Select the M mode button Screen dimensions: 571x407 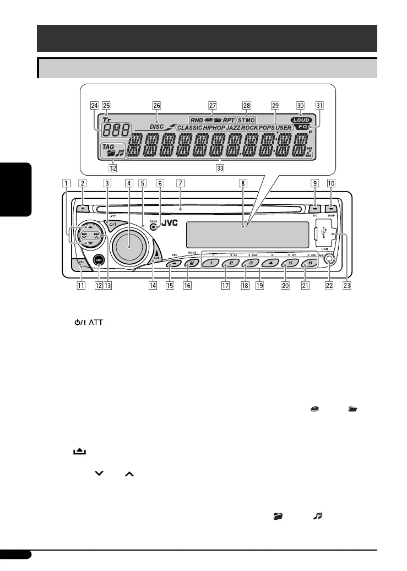coord(189,263)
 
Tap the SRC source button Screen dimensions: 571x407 coord(99,261)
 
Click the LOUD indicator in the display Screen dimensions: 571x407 coord(302,119)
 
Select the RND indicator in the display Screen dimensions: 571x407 coord(197,119)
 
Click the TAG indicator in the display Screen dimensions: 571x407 coord(107,147)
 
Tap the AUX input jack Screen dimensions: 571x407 coord(329,262)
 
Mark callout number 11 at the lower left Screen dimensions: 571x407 coord(82,286)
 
